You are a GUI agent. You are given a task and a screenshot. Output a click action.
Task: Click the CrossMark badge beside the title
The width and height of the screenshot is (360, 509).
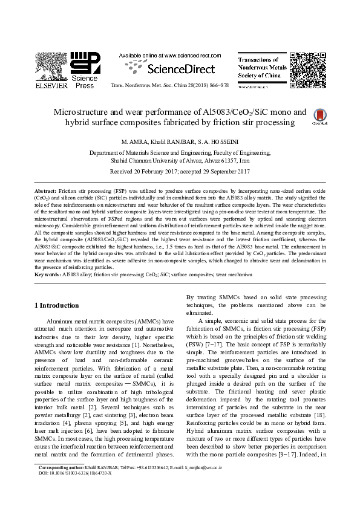[x=319, y=117]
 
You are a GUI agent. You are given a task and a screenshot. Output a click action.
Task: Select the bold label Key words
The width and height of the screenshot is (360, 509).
[x=47, y=274]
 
